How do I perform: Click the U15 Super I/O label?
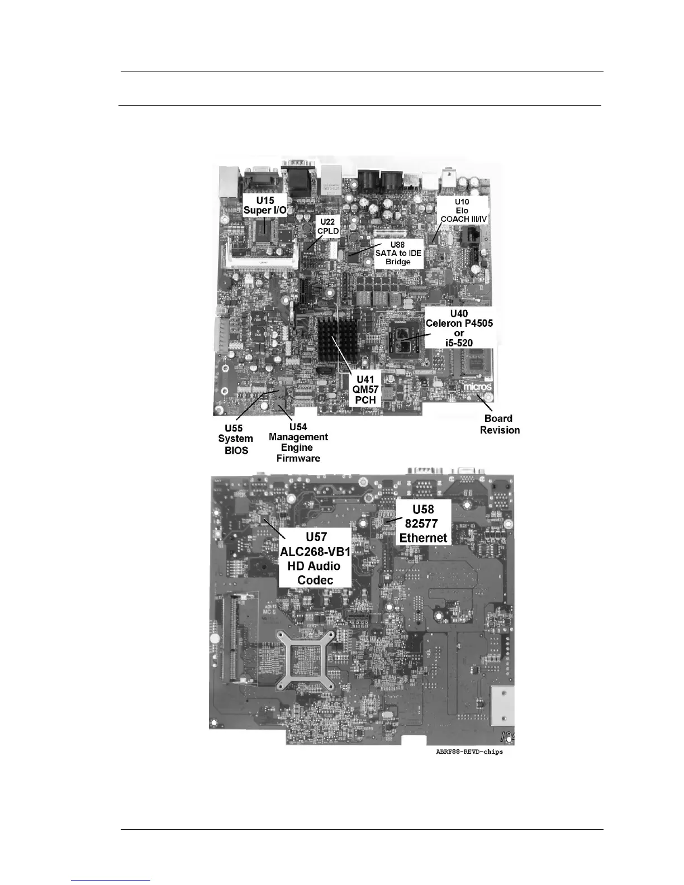pyautogui.click(x=264, y=204)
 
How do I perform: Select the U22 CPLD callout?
pyautogui.click(x=328, y=226)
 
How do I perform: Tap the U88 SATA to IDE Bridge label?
pyautogui.click(x=398, y=253)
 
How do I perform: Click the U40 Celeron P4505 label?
pyautogui.click(x=459, y=328)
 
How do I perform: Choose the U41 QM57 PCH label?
pyautogui.click(x=367, y=390)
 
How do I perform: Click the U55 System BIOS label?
pyautogui.click(x=235, y=439)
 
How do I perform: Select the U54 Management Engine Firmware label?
pyautogui.click(x=298, y=442)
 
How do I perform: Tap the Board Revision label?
pyautogui.click(x=500, y=424)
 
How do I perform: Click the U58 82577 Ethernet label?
pyautogui.click(x=423, y=524)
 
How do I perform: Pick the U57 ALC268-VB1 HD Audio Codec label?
pyautogui.click(x=315, y=558)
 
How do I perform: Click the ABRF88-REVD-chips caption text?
pyautogui.click(x=469, y=751)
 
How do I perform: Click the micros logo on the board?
pyautogui.click(x=477, y=387)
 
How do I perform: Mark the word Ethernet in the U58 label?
pyautogui.click(x=423, y=537)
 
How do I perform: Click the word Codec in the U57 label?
pyautogui.click(x=315, y=580)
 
